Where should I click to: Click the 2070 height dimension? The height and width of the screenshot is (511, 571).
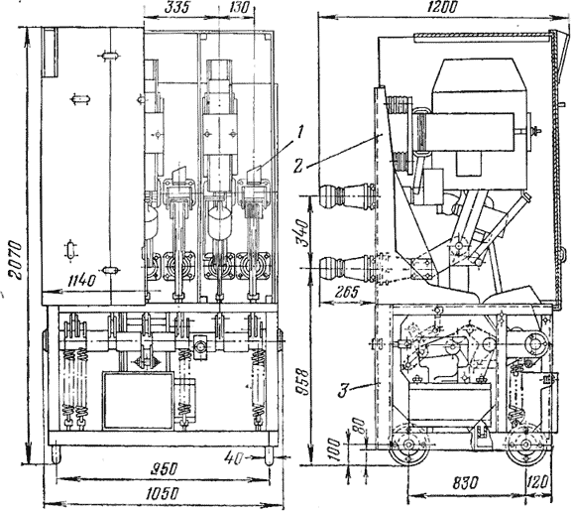click(x=16, y=259)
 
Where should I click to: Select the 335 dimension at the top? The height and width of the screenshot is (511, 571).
click(x=177, y=8)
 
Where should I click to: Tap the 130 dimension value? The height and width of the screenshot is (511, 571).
click(x=238, y=8)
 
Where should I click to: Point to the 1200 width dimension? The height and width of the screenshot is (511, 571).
click(x=442, y=7)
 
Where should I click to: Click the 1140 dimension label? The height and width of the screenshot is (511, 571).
click(x=82, y=282)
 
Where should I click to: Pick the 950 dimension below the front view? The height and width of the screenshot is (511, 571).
click(x=164, y=468)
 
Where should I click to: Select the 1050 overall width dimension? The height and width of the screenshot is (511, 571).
click(x=162, y=494)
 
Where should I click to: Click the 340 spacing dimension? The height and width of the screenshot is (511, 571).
click(x=302, y=232)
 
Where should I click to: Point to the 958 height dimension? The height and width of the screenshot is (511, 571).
click(x=302, y=384)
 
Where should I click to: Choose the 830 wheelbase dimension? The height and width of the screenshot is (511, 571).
click(x=465, y=483)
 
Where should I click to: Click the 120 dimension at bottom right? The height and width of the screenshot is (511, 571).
click(x=537, y=483)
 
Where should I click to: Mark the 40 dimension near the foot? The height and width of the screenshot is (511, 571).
click(x=234, y=457)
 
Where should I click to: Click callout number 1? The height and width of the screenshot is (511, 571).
click(x=299, y=133)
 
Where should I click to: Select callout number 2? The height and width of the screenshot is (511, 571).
click(x=298, y=167)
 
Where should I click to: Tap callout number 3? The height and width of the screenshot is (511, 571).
click(x=343, y=391)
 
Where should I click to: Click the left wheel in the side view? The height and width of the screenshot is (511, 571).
click(x=408, y=446)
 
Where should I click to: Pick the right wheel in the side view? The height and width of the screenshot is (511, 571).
click(x=525, y=446)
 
